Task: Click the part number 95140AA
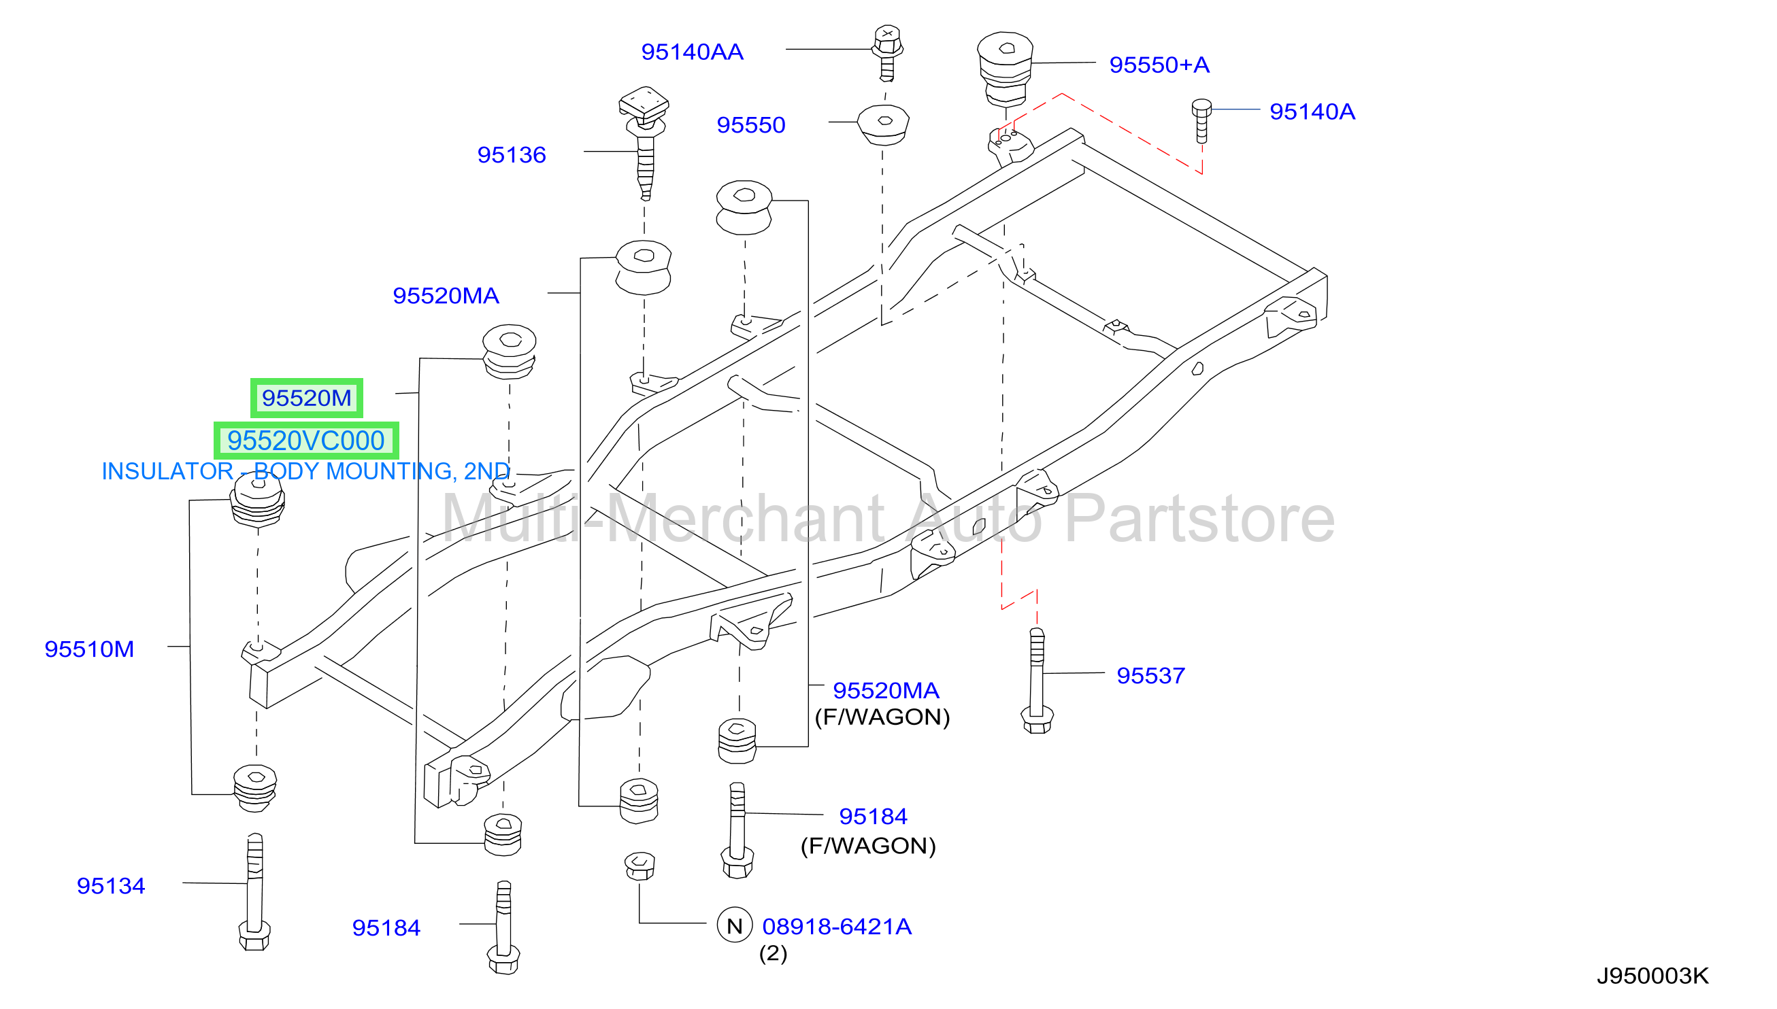(691, 52)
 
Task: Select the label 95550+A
(1159, 65)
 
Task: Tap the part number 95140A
(1311, 112)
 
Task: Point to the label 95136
(511, 154)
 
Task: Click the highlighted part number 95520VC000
(305, 441)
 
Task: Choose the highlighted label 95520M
(306, 398)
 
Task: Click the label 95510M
(88, 649)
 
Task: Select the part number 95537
(1150, 676)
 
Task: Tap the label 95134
(110, 886)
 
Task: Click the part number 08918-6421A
(836, 927)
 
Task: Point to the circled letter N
(734, 925)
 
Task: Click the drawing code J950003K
(1653, 976)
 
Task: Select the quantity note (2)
(772, 953)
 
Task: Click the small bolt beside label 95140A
(1201, 120)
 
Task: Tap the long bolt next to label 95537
(1037, 681)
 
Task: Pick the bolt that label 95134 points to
(254, 892)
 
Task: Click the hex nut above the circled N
(640, 866)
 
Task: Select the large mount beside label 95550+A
(1005, 69)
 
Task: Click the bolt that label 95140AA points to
(886, 53)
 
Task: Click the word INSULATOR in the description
(167, 471)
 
